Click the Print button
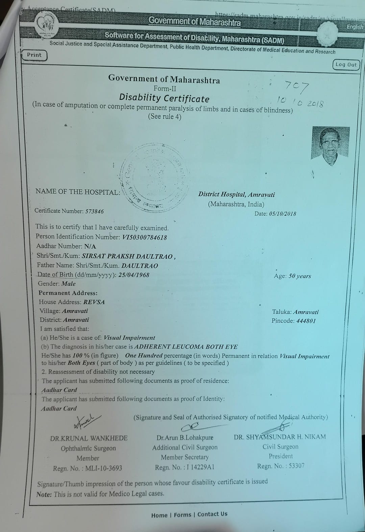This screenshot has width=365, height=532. tap(34, 55)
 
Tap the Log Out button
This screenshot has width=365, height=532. tap(346, 65)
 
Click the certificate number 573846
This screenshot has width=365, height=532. tap(94, 211)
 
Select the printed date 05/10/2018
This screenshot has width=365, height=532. tap(282, 214)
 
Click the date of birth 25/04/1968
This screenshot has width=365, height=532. tap(133, 275)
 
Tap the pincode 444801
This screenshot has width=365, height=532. tap(306, 321)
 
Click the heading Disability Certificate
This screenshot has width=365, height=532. tap(164, 98)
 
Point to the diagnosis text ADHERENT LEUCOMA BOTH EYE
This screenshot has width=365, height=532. tap(186, 347)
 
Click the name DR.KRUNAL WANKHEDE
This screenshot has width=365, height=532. tap(89, 438)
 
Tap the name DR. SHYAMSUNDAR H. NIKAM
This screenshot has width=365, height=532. tap(280, 437)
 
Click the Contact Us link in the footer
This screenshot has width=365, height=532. tap(212, 514)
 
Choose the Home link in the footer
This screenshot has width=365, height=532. tap(159, 515)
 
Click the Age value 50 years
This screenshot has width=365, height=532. tap(299, 276)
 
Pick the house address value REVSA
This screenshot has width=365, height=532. tap(94, 302)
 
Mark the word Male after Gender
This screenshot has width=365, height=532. tap(68, 284)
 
